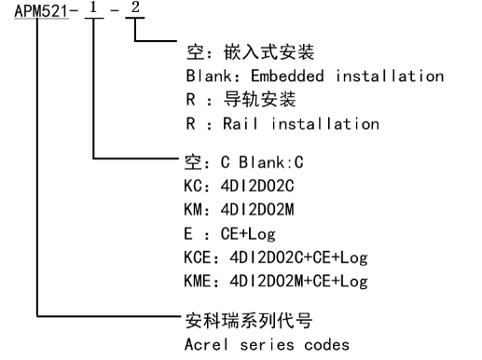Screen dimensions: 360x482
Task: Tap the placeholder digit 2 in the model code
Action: pos(136,17)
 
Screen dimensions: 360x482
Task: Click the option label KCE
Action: pos(200,257)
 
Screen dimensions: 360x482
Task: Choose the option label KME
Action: pos(200,281)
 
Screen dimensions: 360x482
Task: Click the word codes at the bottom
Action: pos(325,344)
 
